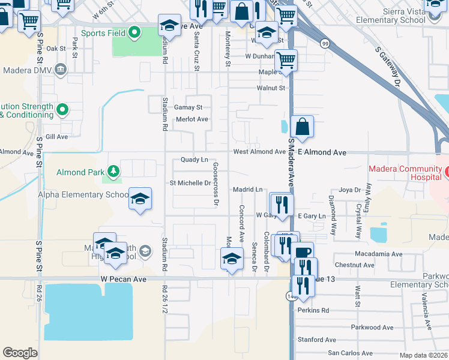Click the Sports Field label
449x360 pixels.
tap(103, 32)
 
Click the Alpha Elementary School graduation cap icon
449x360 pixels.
tap(140, 198)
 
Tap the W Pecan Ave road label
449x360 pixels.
tap(123, 279)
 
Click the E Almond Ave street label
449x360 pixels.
tap(322, 152)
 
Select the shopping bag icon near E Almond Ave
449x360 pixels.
tap(302, 126)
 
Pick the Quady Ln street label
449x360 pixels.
tap(194, 160)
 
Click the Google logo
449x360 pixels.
tap(20, 352)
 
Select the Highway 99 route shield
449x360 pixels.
tap(325, 43)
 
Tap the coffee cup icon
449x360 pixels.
tap(303, 253)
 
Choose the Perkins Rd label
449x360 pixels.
tap(313, 310)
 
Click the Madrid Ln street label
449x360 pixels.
tap(249, 189)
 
